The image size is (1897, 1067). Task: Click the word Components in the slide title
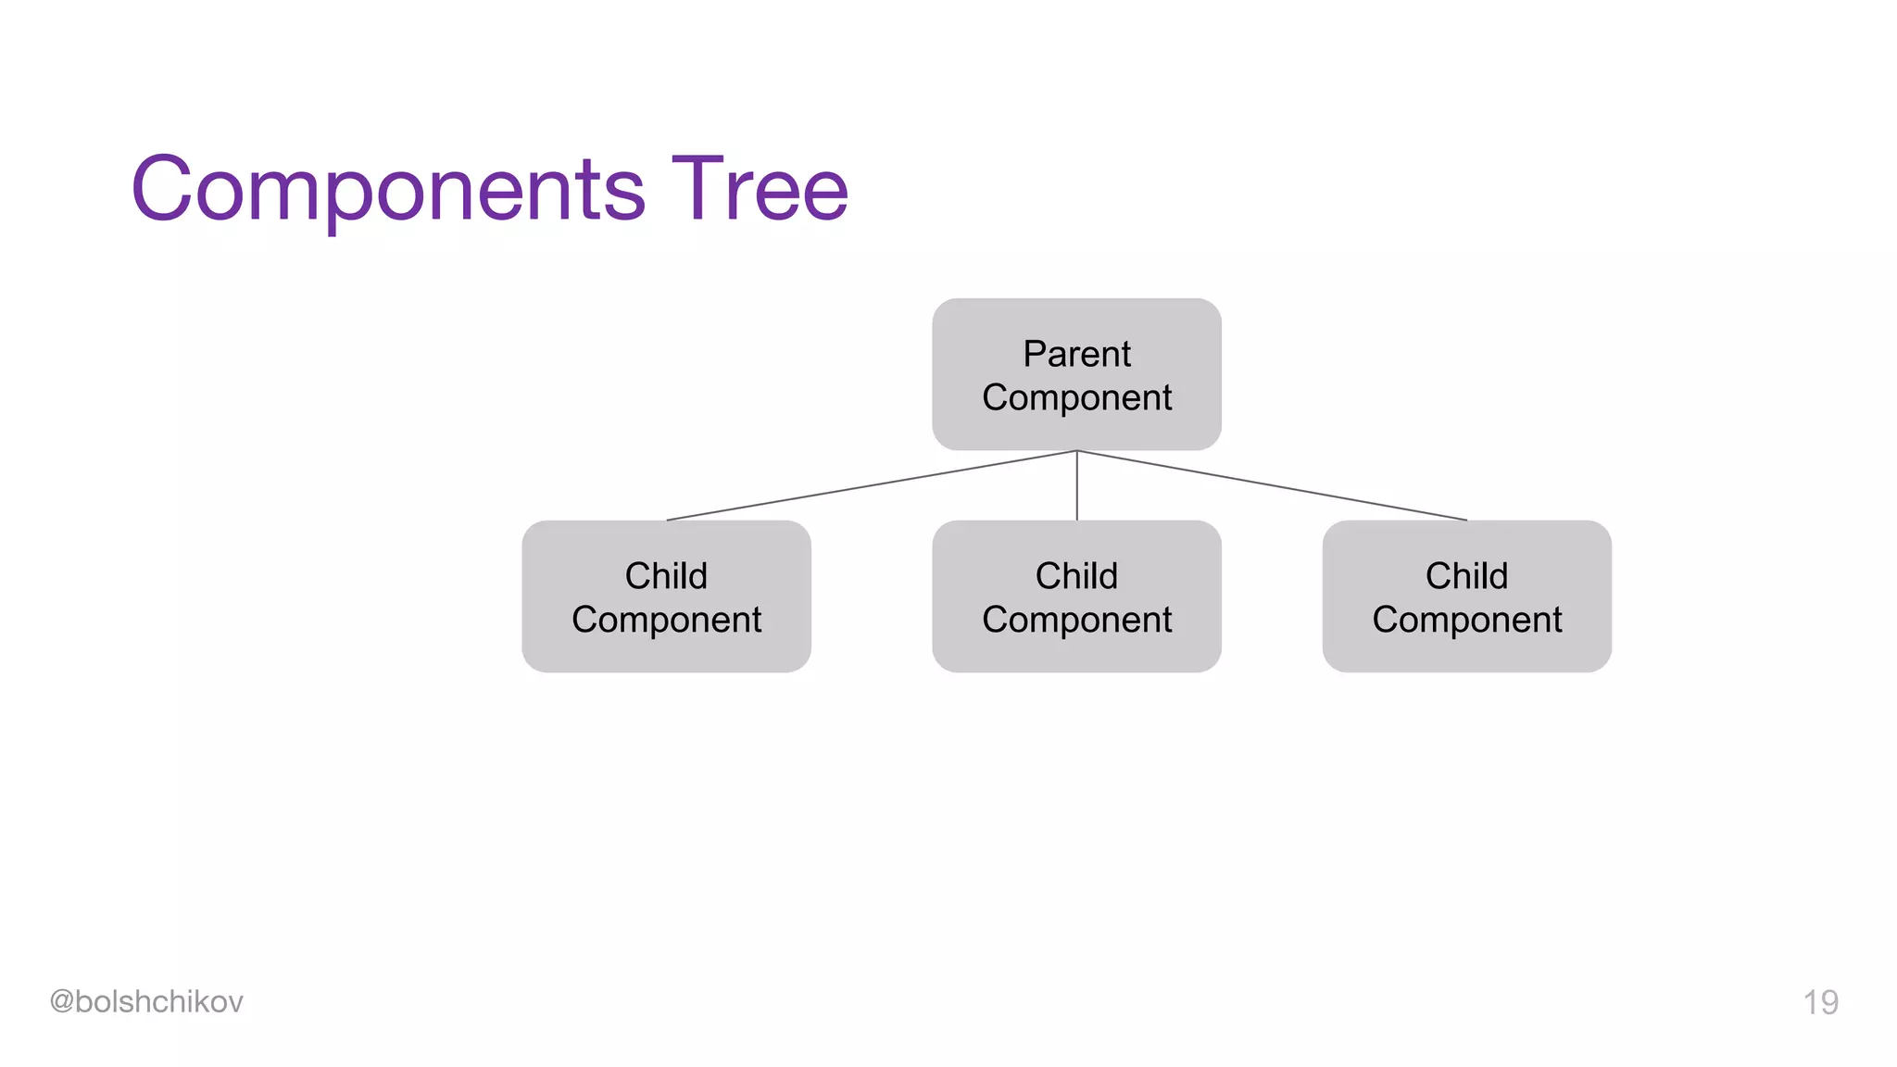click(x=388, y=191)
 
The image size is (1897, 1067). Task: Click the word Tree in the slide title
click(x=760, y=189)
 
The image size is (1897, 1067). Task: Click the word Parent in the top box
click(x=1076, y=354)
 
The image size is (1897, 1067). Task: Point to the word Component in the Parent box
click(x=1076, y=398)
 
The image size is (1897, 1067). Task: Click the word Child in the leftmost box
click(x=666, y=576)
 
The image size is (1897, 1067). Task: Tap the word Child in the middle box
click(x=1076, y=576)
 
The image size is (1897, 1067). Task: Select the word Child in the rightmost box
click(x=1466, y=576)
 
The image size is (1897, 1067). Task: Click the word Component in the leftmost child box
click(x=666, y=620)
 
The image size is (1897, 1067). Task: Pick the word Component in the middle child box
click(x=1076, y=620)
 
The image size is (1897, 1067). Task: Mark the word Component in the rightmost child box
click(x=1466, y=620)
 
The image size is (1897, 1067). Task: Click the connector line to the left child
click(x=871, y=485)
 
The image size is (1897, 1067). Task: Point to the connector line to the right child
click(x=1272, y=485)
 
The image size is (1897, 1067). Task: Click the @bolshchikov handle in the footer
click(x=146, y=1001)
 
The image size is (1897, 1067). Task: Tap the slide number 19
click(x=1820, y=1002)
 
